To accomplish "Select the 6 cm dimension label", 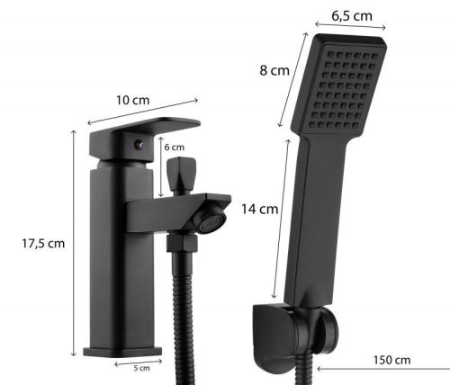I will (173, 147).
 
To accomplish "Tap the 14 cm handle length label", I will (260, 209).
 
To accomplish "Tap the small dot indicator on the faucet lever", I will (137, 143).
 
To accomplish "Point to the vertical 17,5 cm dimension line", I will (74, 243).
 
